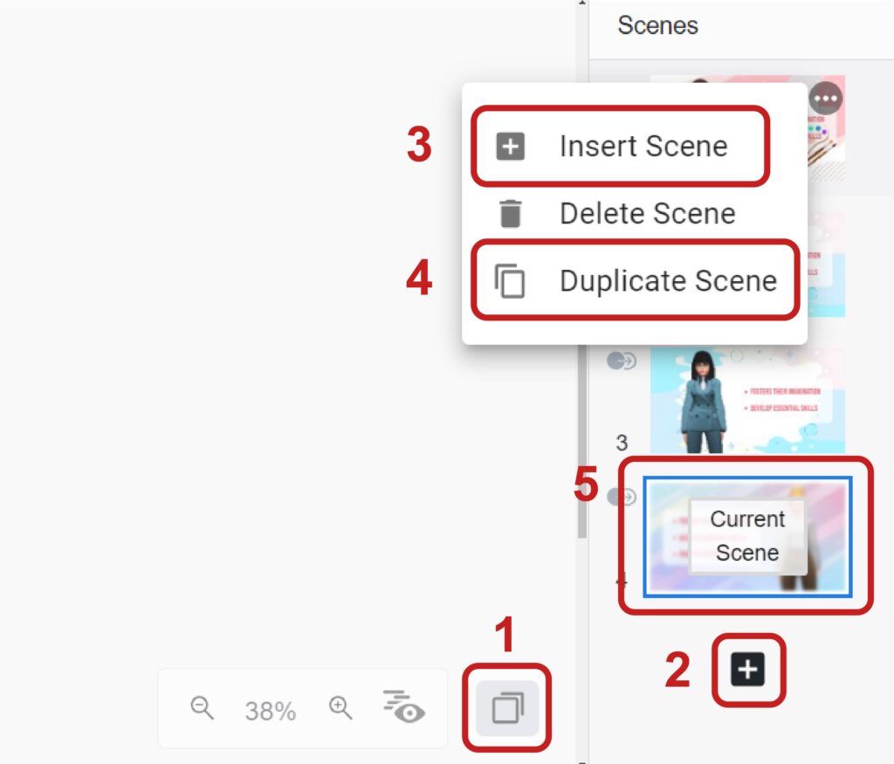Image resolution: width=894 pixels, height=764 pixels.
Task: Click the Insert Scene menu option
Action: click(x=643, y=146)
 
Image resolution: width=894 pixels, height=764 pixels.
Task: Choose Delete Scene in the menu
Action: click(x=647, y=213)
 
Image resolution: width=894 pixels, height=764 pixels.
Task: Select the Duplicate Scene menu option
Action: click(x=667, y=281)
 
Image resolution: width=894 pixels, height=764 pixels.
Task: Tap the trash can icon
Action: click(x=510, y=213)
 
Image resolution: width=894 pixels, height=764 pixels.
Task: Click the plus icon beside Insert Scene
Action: click(x=510, y=147)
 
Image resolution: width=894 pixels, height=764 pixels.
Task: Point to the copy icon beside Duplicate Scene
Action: click(x=510, y=282)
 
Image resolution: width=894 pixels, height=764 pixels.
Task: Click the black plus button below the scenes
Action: click(x=748, y=670)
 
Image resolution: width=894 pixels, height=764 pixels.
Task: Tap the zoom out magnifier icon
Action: click(x=203, y=708)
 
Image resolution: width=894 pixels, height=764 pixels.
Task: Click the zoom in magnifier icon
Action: click(x=340, y=708)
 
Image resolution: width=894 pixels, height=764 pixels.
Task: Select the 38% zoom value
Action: click(x=270, y=712)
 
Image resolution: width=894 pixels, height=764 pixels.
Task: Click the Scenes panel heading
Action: click(x=657, y=25)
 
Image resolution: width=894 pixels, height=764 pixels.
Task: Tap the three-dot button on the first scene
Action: click(x=825, y=100)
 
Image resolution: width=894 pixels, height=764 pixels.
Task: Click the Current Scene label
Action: click(x=746, y=535)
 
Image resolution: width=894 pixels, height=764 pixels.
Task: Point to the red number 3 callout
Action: click(x=419, y=146)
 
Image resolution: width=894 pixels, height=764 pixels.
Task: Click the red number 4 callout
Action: click(x=419, y=281)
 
